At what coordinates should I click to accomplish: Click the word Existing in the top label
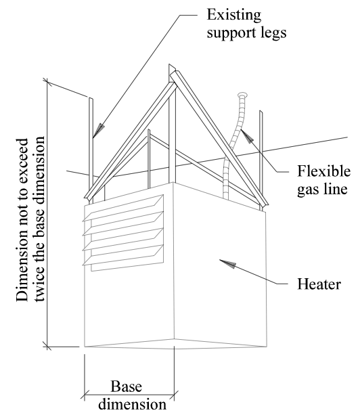click(234, 15)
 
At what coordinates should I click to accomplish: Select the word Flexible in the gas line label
click(323, 171)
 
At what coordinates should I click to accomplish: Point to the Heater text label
click(319, 284)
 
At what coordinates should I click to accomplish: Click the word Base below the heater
click(126, 386)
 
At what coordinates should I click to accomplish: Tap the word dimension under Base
click(132, 404)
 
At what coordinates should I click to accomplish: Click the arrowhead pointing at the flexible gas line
click(246, 136)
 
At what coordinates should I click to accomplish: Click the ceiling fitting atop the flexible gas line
click(242, 95)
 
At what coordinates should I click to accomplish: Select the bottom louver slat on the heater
click(123, 255)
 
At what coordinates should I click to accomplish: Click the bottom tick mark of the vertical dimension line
click(47, 347)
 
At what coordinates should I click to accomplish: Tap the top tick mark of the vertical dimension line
click(47, 81)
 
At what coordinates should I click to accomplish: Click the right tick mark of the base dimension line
click(174, 395)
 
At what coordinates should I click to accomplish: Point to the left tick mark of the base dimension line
click(85, 395)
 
